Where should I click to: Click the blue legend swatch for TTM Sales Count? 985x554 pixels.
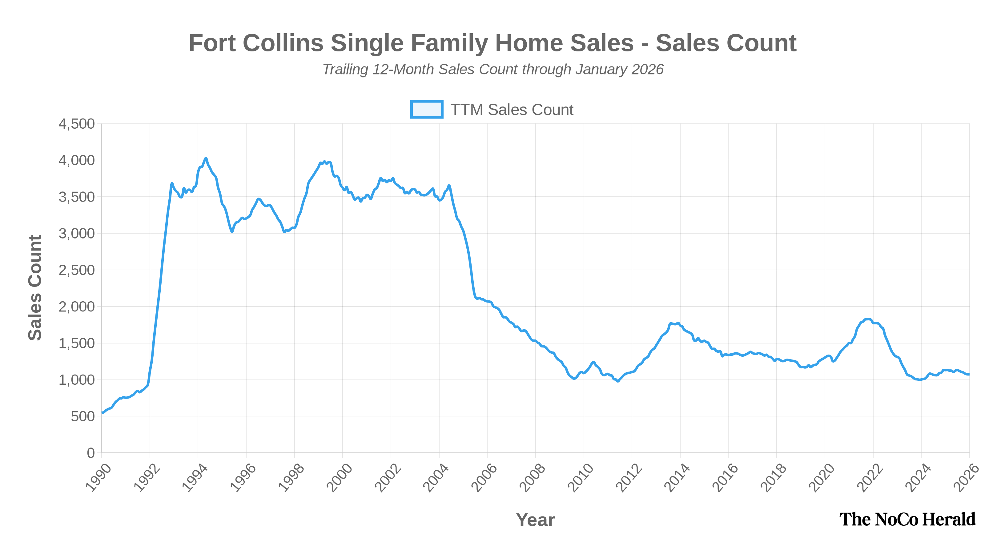click(426, 109)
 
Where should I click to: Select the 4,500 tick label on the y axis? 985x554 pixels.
click(76, 124)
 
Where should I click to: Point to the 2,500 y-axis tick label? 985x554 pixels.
click(76, 270)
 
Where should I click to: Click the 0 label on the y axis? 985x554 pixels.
click(90, 453)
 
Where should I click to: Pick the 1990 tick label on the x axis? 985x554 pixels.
click(98, 478)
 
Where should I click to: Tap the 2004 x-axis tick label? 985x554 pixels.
click(436, 478)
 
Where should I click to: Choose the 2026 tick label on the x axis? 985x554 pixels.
click(967, 478)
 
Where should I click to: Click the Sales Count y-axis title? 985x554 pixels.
click(35, 287)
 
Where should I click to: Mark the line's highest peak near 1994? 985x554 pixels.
click(206, 158)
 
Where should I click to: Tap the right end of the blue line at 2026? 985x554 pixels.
click(969, 374)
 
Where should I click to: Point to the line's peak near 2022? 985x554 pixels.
click(868, 319)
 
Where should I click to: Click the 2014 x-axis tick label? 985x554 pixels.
click(677, 478)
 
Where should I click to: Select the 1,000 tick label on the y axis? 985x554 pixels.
click(76, 380)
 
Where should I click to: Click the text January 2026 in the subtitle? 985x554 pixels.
click(619, 70)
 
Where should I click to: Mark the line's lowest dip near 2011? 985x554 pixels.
click(617, 381)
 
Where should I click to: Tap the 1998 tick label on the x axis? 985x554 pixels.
click(291, 478)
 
